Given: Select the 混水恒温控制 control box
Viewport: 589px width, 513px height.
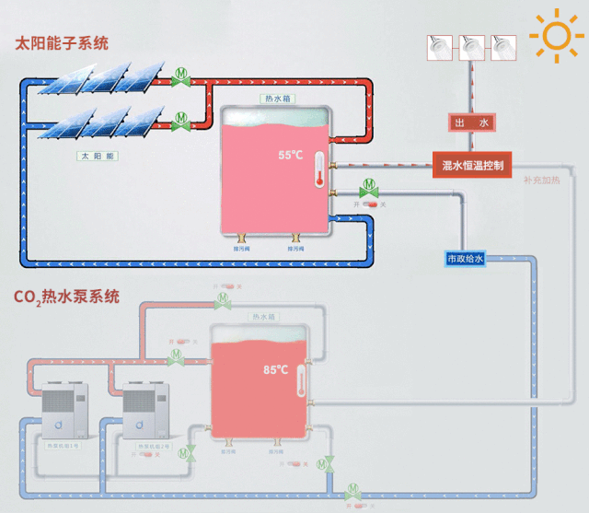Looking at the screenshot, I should (x=472, y=166).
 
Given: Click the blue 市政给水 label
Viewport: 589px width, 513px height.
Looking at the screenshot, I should (x=465, y=259).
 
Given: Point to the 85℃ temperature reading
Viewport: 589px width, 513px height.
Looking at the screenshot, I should (x=276, y=369).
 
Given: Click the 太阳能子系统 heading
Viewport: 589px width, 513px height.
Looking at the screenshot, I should (x=61, y=42).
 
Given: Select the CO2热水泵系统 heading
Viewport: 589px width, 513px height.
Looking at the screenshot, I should (x=66, y=297).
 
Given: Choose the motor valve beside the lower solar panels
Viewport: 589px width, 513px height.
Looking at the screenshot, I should (x=180, y=119).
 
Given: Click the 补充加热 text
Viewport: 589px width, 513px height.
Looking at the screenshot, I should (x=541, y=181).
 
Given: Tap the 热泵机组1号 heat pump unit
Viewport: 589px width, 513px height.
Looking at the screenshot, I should (x=64, y=414).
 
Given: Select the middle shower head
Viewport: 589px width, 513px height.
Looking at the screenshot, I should (x=472, y=44).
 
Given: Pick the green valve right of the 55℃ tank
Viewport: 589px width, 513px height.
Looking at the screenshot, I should (x=369, y=188).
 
